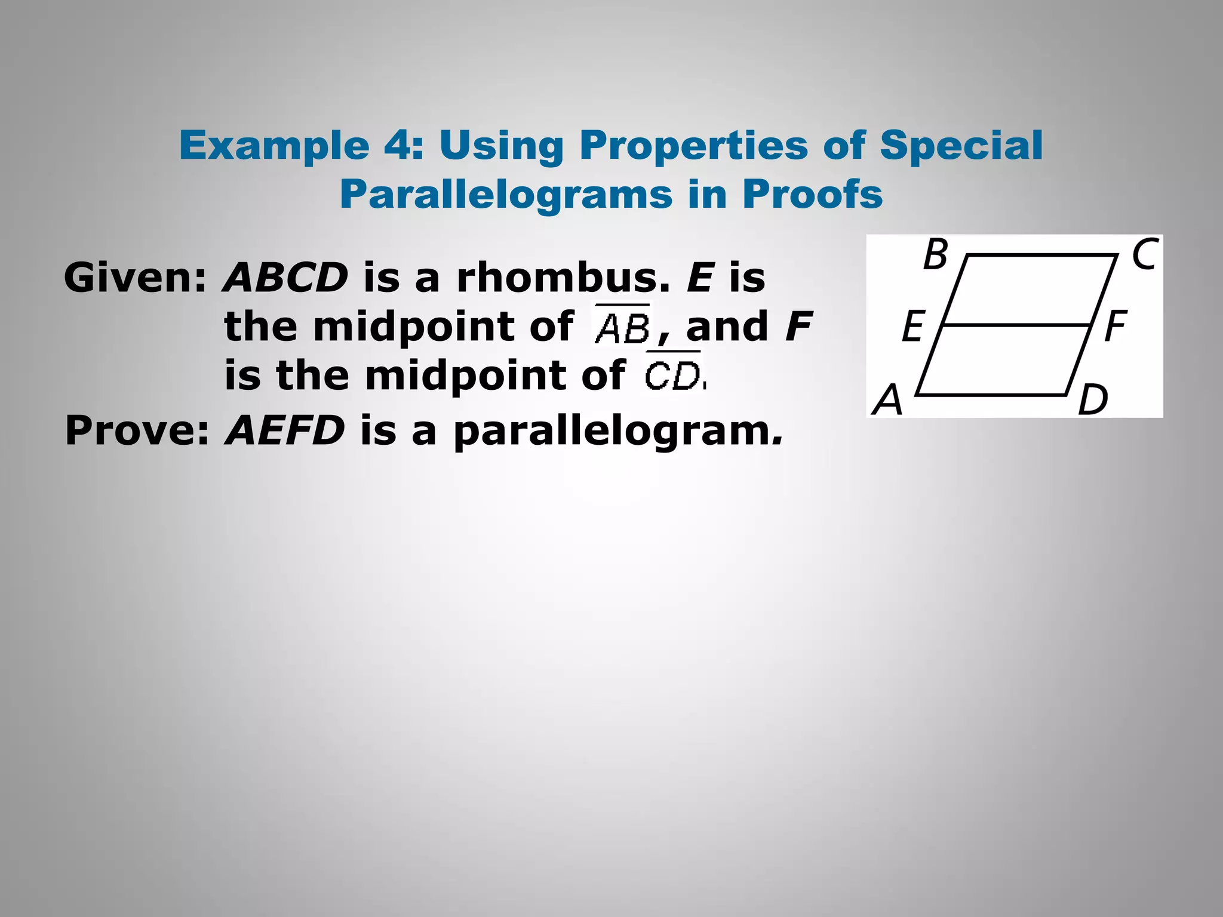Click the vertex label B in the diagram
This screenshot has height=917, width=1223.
coord(935,255)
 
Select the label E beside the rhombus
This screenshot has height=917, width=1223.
coord(913,327)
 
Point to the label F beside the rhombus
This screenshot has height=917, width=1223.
coord(1115,327)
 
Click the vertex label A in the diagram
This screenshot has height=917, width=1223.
coord(887,399)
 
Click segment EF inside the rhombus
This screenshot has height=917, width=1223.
coord(1015,325)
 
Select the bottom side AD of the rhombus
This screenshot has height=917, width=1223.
coord(991,395)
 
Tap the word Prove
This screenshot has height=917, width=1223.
coord(137,430)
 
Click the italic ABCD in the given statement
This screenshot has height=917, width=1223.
coord(285,278)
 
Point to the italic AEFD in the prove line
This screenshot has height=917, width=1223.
coord(285,430)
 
